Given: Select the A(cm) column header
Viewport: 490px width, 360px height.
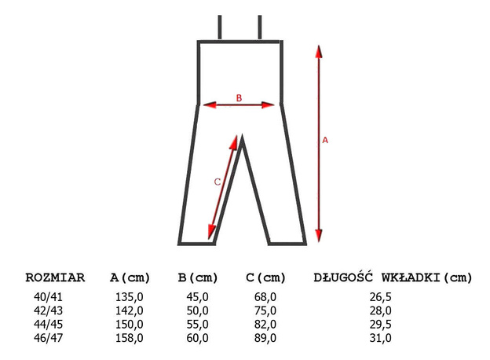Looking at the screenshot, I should pyautogui.click(x=130, y=277).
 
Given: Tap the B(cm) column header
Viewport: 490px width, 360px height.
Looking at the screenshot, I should pyautogui.click(x=198, y=277).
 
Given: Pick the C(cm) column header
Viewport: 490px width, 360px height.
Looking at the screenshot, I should pyautogui.click(x=266, y=277).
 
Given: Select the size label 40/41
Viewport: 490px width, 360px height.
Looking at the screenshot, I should pyautogui.click(x=46, y=297).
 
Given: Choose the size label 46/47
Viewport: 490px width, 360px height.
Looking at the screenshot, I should pyautogui.click(x=46, y=339).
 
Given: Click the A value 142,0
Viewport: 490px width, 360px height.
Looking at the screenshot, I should pyautogui.click(x=130, y=311).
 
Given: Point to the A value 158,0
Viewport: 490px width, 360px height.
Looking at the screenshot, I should pyautogui.click(x=130, y=339).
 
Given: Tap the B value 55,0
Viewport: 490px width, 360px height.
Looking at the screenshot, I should pyautogui.click(x=197, y=325).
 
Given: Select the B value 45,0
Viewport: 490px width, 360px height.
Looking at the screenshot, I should pyautogui.click(x=197, y=297).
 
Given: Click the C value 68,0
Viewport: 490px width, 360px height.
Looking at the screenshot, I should pyautogui.click(x=265, y=297).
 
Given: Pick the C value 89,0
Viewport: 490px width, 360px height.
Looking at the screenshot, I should pyautogui.click(x=265, y=339).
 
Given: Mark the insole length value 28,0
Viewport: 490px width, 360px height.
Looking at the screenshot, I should pyautogui.click(x=381, y=311).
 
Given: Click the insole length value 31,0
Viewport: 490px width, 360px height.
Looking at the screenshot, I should pyautogui.click(x=381, y=339).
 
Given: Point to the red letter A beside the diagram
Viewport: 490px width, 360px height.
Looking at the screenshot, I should pyautogui.click(x=326, y=140).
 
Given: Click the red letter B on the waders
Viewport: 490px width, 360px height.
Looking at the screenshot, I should pyautogui.click(x=240, y=97).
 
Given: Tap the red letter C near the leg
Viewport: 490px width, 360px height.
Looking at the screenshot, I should pyautogui.click(x=218, y=182).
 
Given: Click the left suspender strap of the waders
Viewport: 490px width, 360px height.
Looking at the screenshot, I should pyautogui.click(x=221, y=28).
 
